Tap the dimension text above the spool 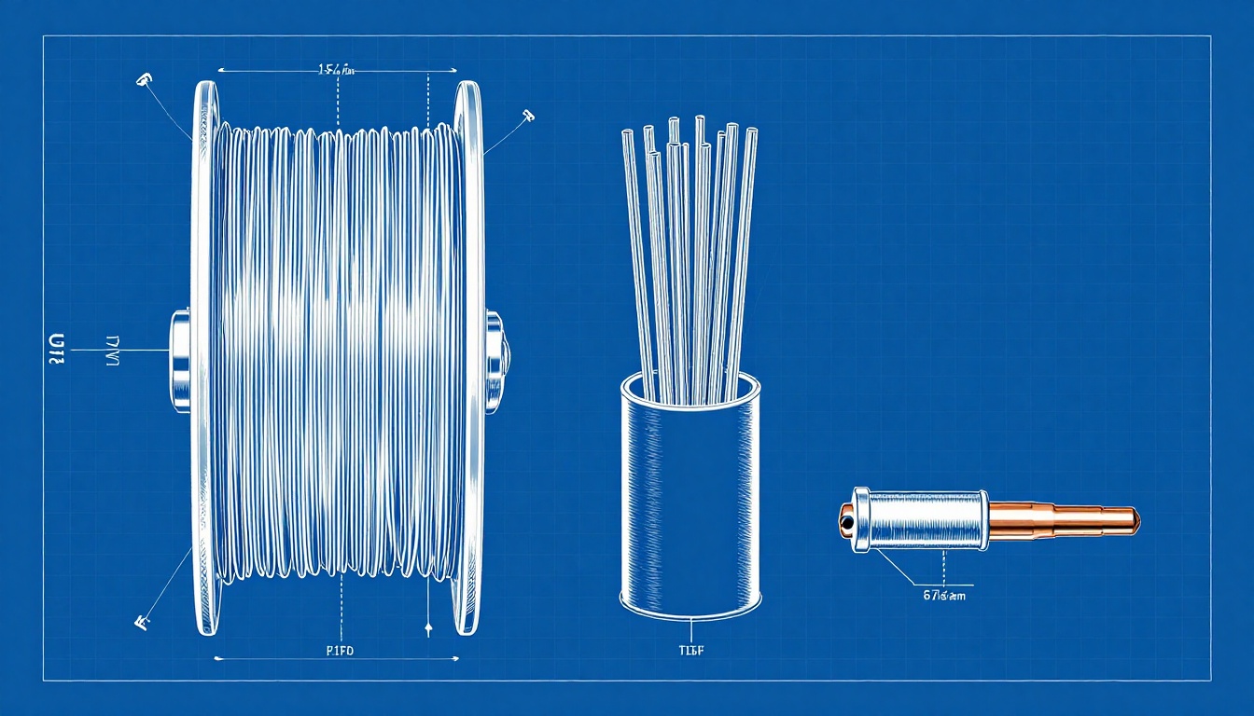coord(337,69)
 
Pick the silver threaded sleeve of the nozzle coord(924,518)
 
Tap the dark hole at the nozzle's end coord(845,521)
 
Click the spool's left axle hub coord(180,361)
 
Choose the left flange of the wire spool coord(202,354)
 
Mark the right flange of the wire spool coord(469,354)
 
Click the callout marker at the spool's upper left coord(143,80)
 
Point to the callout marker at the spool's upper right coord(528,116)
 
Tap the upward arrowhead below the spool coord(427,630)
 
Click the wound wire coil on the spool coord(336,354)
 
